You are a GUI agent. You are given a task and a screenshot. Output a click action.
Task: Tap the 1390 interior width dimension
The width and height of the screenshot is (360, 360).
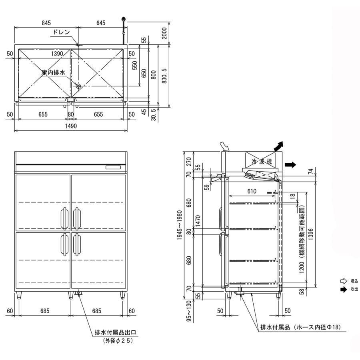(58, 53)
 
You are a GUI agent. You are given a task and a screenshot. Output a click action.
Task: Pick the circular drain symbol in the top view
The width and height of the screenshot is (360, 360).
(78, 86)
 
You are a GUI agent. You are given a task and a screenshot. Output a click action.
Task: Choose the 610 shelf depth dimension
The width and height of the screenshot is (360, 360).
(252, 191)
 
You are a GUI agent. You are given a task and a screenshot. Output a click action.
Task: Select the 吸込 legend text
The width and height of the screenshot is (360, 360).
(354, 281)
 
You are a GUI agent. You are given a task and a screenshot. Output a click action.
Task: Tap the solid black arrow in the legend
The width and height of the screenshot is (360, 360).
(343, 289)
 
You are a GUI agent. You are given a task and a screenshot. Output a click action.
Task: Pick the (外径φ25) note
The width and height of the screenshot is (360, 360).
(115, 341)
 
